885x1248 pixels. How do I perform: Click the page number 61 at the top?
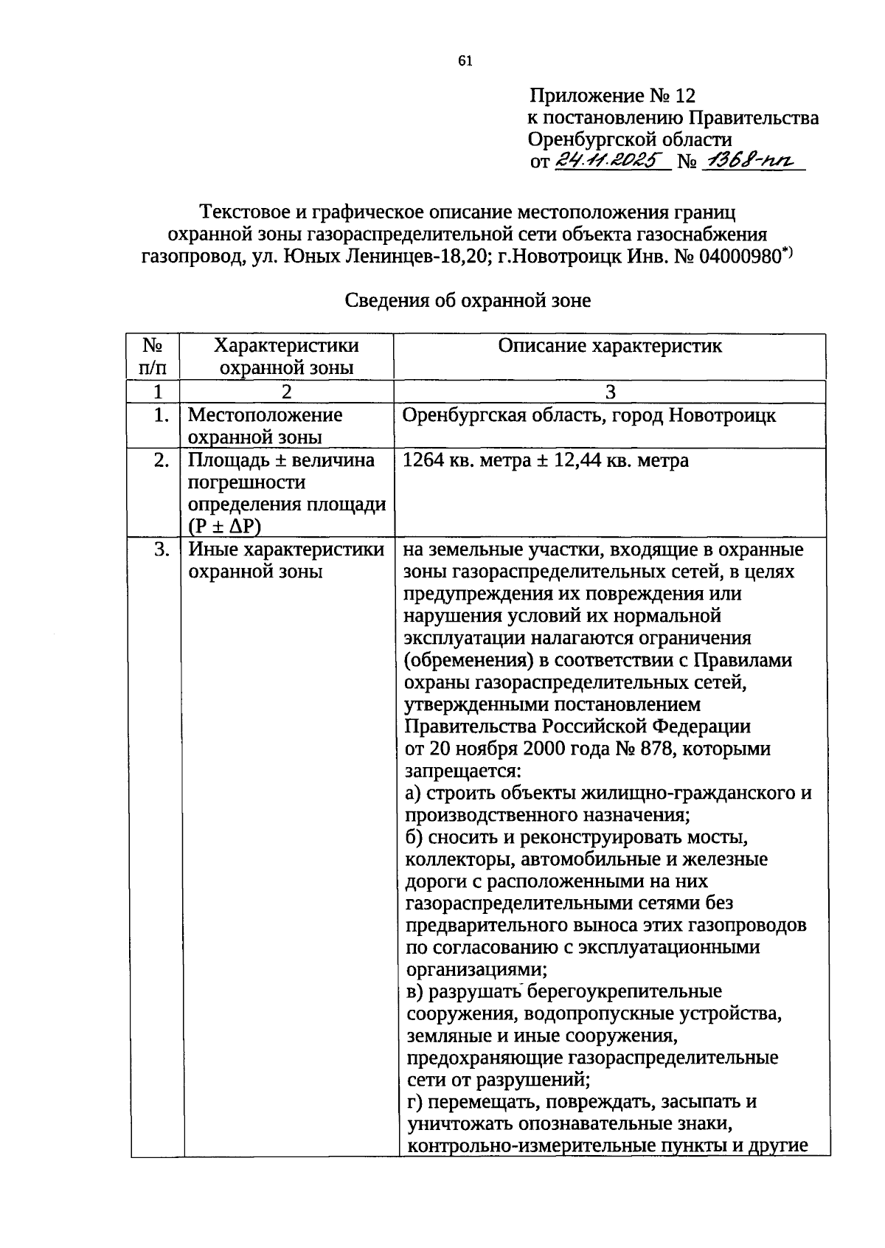[465, 61]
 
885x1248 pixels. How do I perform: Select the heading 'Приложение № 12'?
[612, 96]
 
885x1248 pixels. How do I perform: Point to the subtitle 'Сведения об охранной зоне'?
[468, 301]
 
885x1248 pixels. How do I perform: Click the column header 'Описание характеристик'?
[609, 346]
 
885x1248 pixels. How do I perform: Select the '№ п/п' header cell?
[153, 356]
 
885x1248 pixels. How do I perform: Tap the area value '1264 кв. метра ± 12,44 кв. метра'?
[546, 461]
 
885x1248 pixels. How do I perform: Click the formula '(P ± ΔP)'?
[225, 527]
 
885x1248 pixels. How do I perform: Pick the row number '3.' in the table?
[162, 550]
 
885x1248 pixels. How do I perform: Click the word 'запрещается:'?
[462, 771]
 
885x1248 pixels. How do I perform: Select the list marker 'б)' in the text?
[414, 837]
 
